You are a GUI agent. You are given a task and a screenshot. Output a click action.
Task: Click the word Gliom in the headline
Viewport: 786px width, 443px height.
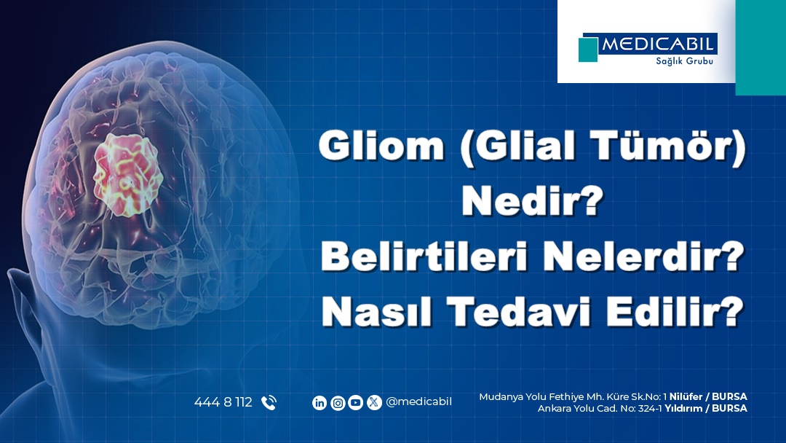(x=381, y=146)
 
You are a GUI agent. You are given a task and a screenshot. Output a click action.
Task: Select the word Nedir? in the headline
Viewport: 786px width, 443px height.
(x=532, y=200)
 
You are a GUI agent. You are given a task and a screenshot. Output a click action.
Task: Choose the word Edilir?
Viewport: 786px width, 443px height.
(x=675, y=311)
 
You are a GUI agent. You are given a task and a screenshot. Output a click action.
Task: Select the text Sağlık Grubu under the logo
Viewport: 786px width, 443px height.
(x=684, y=61)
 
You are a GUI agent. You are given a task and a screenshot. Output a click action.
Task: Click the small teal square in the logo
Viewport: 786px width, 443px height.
(x=588, y=50)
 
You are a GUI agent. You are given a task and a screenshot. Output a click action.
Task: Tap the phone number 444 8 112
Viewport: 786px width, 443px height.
(x=223, y=402)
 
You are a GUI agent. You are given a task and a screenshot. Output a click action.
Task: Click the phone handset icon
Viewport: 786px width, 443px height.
(x=269, y=403)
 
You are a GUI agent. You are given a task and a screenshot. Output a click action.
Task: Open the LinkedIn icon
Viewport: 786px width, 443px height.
(x=319, y=403)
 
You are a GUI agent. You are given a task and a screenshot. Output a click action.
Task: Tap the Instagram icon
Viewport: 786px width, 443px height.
(x=338, y=403)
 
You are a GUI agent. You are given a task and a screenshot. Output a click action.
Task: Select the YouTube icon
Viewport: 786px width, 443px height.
(x=355, y=403)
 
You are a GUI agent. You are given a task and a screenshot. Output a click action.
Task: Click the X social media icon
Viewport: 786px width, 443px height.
(x=374, y=403)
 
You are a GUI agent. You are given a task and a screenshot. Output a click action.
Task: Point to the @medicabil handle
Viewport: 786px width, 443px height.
(x=419, y=402)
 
